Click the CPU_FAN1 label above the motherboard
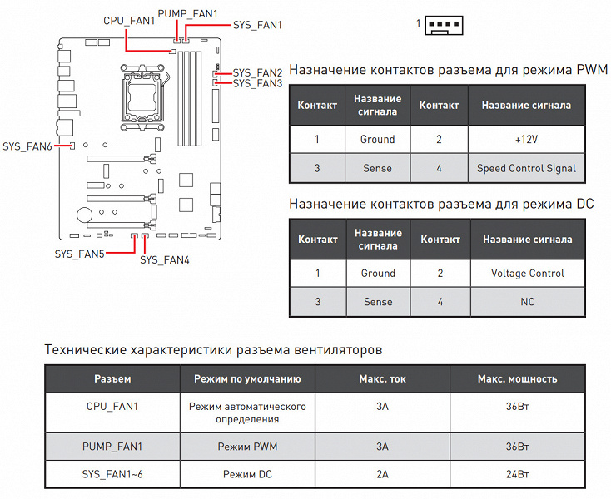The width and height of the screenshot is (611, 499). (x=129, y=20)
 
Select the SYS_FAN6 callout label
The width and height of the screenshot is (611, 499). (x=27, y=146)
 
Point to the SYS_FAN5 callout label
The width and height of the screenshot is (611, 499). (x=80, y=253)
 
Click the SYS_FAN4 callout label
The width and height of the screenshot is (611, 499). (x=165, y=260)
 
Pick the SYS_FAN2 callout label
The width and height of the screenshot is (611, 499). (x=257, y=72)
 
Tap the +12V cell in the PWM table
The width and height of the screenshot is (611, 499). (x=526, y=139)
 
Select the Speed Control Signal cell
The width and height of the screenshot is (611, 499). (x=526, y=168)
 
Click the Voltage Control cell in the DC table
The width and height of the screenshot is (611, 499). (x=527, y=273)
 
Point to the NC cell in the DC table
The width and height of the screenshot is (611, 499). (x=527, y=302)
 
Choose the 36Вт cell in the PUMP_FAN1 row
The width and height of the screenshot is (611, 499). (x=517, y=447)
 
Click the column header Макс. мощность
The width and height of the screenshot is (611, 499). (x=517, y=379)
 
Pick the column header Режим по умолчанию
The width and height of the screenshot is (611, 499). (x=247, y=379)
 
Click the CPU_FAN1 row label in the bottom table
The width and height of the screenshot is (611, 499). (x=112, y=407)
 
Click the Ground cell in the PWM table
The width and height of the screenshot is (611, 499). (x=377, y=139)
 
